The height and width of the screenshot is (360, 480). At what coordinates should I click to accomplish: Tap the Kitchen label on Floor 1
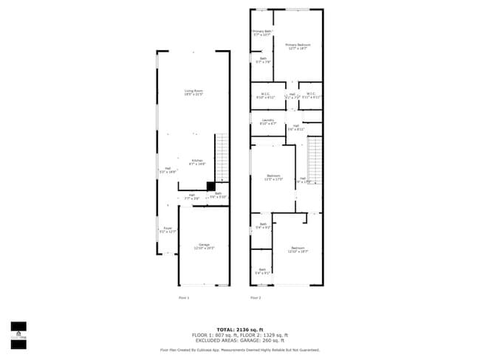click(x=197, y=162)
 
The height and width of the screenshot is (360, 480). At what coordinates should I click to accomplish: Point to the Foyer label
click(x=168, y=229)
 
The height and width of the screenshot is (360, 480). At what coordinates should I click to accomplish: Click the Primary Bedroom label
click(x=298, y=46)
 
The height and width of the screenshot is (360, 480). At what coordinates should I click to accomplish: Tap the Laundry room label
click(x=267, y=122)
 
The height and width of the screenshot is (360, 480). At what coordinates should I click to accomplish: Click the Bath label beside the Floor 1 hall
click(x=218, y=195)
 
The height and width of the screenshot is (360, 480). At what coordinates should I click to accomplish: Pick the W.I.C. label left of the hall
click(x=264, y=95)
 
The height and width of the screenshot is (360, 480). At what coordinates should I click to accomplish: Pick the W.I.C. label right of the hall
click(x=310, y=95)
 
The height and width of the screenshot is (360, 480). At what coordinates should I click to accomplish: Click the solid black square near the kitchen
click(x=210, y=186)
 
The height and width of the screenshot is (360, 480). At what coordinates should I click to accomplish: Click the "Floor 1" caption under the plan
click(x=184, y=297)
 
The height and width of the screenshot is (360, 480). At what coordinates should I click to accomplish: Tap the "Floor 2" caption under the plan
click(x=256, y=297)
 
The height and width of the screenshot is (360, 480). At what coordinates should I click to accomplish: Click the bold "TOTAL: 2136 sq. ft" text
click(x=240, y=329)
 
